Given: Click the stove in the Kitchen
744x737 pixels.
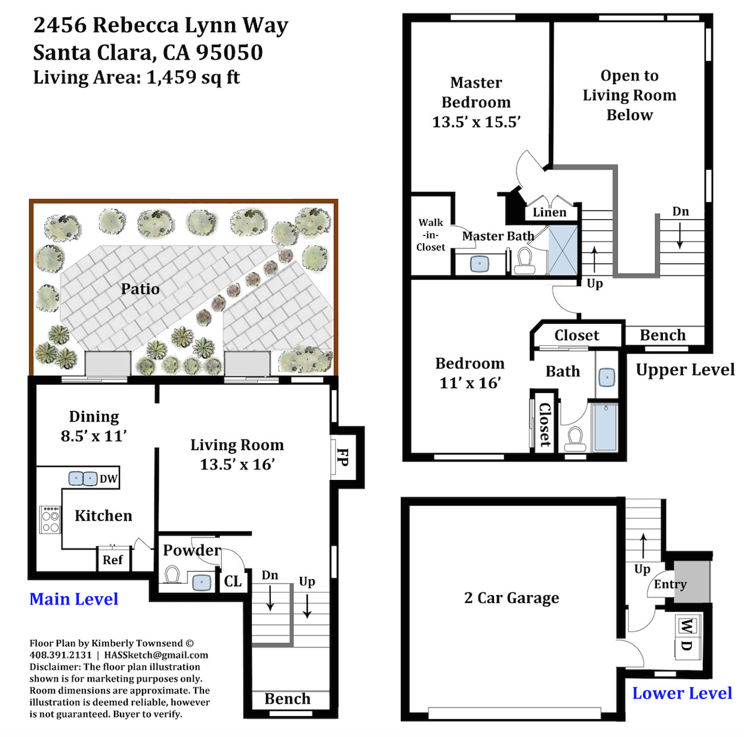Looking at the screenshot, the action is (50, 520).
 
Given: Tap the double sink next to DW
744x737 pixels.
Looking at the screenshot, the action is (83, 478).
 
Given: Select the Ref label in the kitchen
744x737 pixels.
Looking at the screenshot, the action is (112, 559).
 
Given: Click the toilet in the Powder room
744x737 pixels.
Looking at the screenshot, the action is (172, 574).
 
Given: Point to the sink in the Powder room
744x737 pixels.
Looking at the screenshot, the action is (202, 583).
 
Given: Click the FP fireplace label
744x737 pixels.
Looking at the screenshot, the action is (342, 457).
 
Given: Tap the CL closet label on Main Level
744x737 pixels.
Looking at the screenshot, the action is (233, 581).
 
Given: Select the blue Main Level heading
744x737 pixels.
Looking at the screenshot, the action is (74, 599).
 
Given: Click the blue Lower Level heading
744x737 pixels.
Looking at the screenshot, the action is (682, 693).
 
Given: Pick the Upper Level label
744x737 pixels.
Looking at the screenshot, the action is (686, 370).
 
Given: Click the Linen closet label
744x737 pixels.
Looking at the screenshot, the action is (549, 212).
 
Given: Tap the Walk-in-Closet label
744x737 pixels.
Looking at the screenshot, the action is (431, 234).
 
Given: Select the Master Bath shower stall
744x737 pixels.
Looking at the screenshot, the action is (563, 250).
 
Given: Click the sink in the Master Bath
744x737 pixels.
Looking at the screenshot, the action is (480, 264).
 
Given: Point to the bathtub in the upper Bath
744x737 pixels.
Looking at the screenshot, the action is (606, 427).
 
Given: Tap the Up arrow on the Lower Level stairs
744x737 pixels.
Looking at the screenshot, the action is (643, 546).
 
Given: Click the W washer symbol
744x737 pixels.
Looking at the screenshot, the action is (687, 625).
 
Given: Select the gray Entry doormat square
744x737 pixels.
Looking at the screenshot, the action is (692, 581).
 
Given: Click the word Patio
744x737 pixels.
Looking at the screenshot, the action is (140, 289).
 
